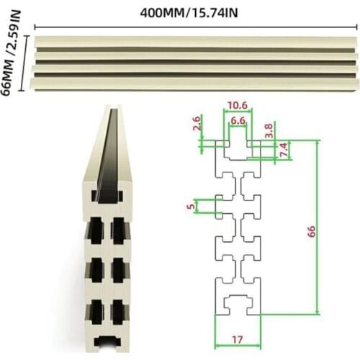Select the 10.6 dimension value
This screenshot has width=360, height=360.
[238, 107]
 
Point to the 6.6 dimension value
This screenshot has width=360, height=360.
[238, 120]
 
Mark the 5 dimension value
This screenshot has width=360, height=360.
[190, 207]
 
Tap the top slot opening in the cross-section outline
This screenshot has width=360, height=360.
[238, 135]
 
